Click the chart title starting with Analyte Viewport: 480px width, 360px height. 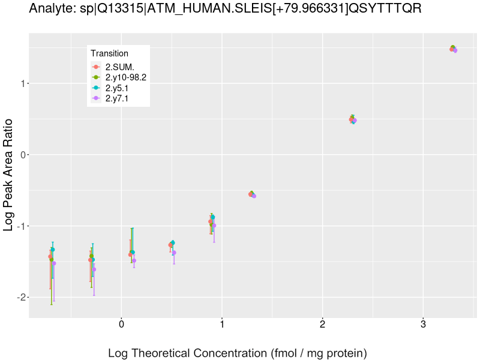(x=225, y=9)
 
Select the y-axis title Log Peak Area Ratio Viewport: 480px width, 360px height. (x=9, y=175)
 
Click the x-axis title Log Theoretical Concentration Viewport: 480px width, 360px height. (x=237, y=353)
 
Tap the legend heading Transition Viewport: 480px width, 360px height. (x=109, y=53)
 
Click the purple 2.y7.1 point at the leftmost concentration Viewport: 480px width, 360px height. (x=54, y=263)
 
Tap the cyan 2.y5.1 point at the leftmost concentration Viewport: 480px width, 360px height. (x=53, y=249)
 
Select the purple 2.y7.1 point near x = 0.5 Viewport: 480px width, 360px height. (x=174, y=253)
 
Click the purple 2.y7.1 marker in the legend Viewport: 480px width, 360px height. (x=96, y=98)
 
